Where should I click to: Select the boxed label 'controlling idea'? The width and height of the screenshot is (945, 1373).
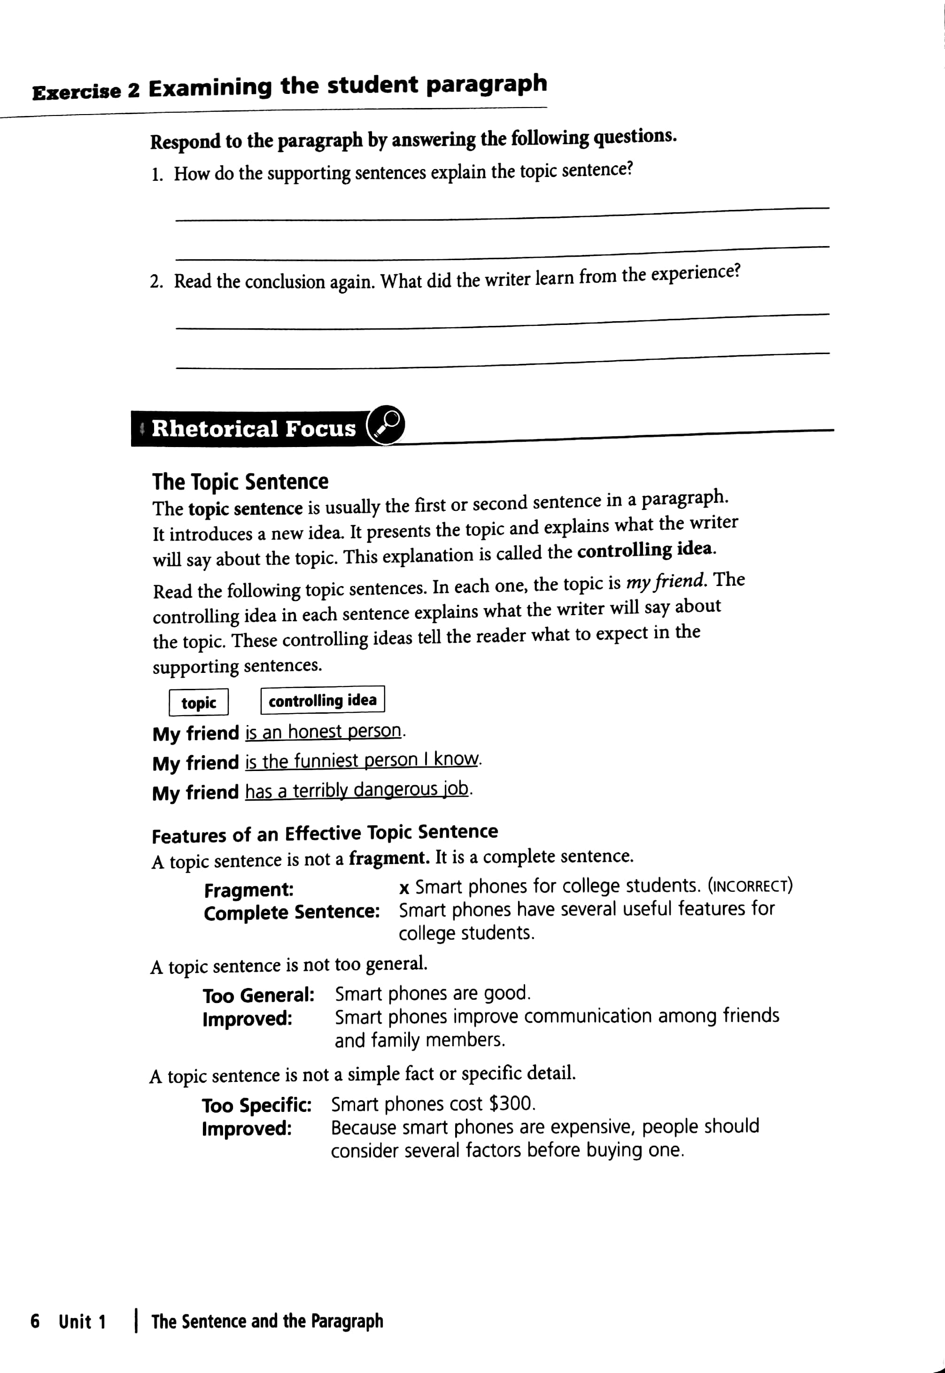pyautogui.click(x=323, y=700)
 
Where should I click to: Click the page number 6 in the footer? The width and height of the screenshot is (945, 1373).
pyautogui.click(x=35, y=1321)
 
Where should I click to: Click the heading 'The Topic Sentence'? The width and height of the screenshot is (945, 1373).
pyautogui.click(x=240, y=482)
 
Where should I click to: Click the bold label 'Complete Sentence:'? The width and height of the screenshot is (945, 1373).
pyautogui.click(x=291, y=912)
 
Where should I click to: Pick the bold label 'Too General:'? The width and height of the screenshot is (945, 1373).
pyautogui.click(x=258, y=995)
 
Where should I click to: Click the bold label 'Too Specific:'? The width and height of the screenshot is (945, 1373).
pyautogui.click(x=256, y=1105)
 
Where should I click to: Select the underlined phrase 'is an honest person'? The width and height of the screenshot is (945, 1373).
pyautogui.click(x=323, y=732)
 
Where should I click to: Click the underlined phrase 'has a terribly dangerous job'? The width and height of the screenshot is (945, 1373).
pyautogui.click(x=357, y=790)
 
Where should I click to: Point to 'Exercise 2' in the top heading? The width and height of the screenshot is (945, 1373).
pyautogui.click(x=86, y=92)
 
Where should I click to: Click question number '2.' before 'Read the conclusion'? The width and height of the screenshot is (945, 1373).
pyautogui.click(x=156, y=282)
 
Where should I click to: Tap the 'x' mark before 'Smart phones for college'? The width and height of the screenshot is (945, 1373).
pyautogui.click(x=404, y=888)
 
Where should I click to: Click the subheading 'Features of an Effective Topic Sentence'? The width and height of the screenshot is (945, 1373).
pyautogui.click(x=325, y=833)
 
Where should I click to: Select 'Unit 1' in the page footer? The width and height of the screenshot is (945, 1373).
pyautogui.click(x=82, y=1321)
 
